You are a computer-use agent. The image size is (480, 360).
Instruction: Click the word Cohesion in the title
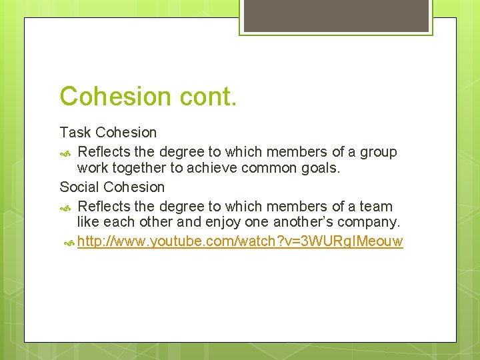[116, 97]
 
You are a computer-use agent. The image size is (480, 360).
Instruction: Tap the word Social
[80, 187]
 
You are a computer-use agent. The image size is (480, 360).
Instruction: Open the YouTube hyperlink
[240, 241]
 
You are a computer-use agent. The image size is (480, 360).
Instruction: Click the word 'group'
[378, 152]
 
